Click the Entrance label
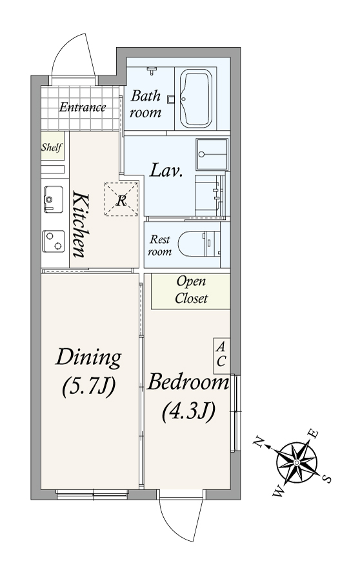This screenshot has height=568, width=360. [x=83, y=107]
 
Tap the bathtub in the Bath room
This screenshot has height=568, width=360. [x=195, y=99]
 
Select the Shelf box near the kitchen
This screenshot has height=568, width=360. [x=52, y=146]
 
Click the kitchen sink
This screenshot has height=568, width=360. [x=54, y=199]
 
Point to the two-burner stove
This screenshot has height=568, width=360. [x=54, y=241]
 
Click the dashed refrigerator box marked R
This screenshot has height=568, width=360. [x=121, y=199]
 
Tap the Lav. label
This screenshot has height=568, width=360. [x=166, y=170]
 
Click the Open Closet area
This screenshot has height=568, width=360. [x=191, y=291]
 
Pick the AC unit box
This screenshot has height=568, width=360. [x=221, y=356]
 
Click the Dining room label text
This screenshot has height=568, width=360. [x=88, y=357]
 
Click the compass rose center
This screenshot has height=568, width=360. [x=297, y=462]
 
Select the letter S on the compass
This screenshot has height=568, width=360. [x=326, y=479]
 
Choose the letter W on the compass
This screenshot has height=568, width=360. [x=279, y=493]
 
